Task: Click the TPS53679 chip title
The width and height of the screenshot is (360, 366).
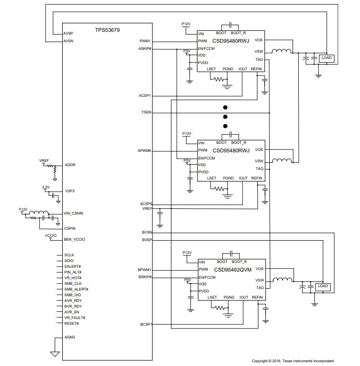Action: (x=107, y=30)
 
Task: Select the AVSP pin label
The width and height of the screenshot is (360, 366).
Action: (x=68, y=33)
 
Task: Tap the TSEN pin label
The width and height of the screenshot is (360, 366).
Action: (x=146, y=113)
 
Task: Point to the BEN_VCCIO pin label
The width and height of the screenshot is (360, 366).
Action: (x=75, y=239)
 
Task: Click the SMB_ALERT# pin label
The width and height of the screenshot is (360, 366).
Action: (x=76, y=289)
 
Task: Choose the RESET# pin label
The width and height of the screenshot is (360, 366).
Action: (x=71, y=323)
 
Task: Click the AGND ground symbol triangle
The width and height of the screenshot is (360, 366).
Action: (x=55, y=354)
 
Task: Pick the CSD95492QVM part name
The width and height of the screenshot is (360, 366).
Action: (x=233, y=270)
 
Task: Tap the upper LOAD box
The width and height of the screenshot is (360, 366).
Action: (x=326, y=58)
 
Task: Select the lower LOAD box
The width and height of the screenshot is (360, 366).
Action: (x=323, y=286)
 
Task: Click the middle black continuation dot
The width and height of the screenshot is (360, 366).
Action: (x=225, y=117)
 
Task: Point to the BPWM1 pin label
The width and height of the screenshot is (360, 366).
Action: (x=144, y=270)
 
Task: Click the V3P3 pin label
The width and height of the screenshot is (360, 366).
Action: (x=70, y=191)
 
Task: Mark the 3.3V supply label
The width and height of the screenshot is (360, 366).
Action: (x=46, y=187)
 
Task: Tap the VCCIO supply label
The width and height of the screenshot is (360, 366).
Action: (x=51, y=235)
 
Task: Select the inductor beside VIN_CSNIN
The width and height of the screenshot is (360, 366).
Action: (x=39, y=212)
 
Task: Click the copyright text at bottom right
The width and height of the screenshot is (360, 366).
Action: (x=293, y=361)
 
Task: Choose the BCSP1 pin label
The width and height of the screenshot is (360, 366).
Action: (x=146, y=324)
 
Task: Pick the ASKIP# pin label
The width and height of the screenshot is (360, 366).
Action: (x=145, y=48)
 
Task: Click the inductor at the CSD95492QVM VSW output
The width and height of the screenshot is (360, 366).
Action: (x=283, y=280)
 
